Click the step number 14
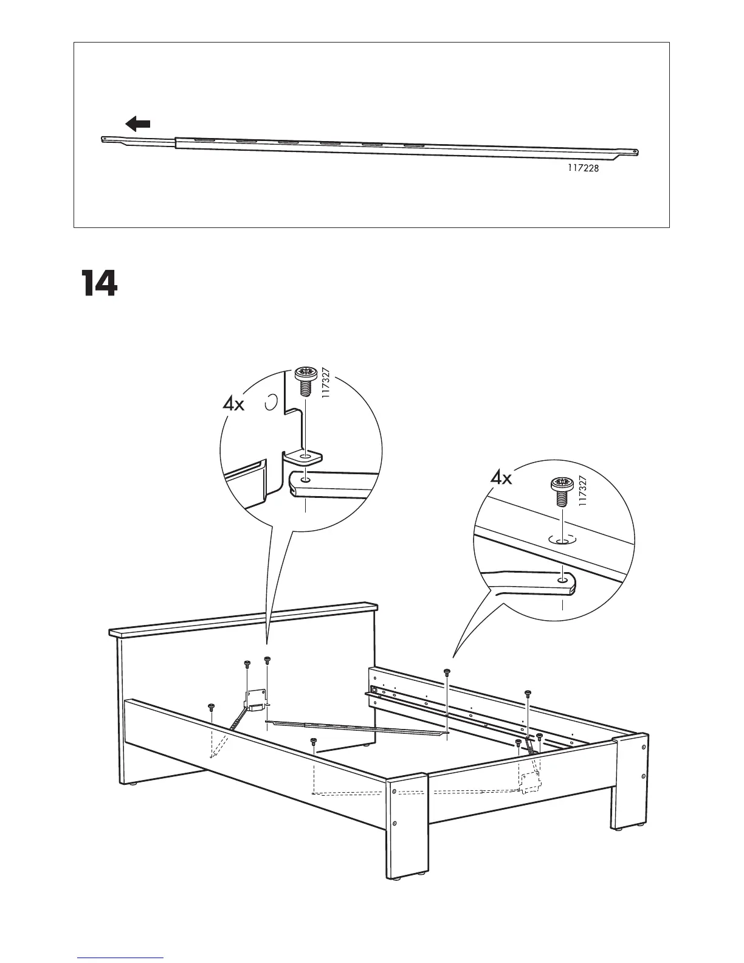pyautogui.click(x=98, y=283)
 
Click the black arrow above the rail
pyautogui.click(x=138, y=125)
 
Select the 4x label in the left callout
pyautogui.click(x=233, y=404)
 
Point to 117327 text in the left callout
pyautogui.click(x=325, y=382)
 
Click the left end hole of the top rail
pyautogui.click(x=106, y=139)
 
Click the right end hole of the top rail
pyautogui.click(x=635, y=152)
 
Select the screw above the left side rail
pyautogui.click(x=211, y=706)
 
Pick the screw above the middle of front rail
pyautogui.click(x=314, y=740)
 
